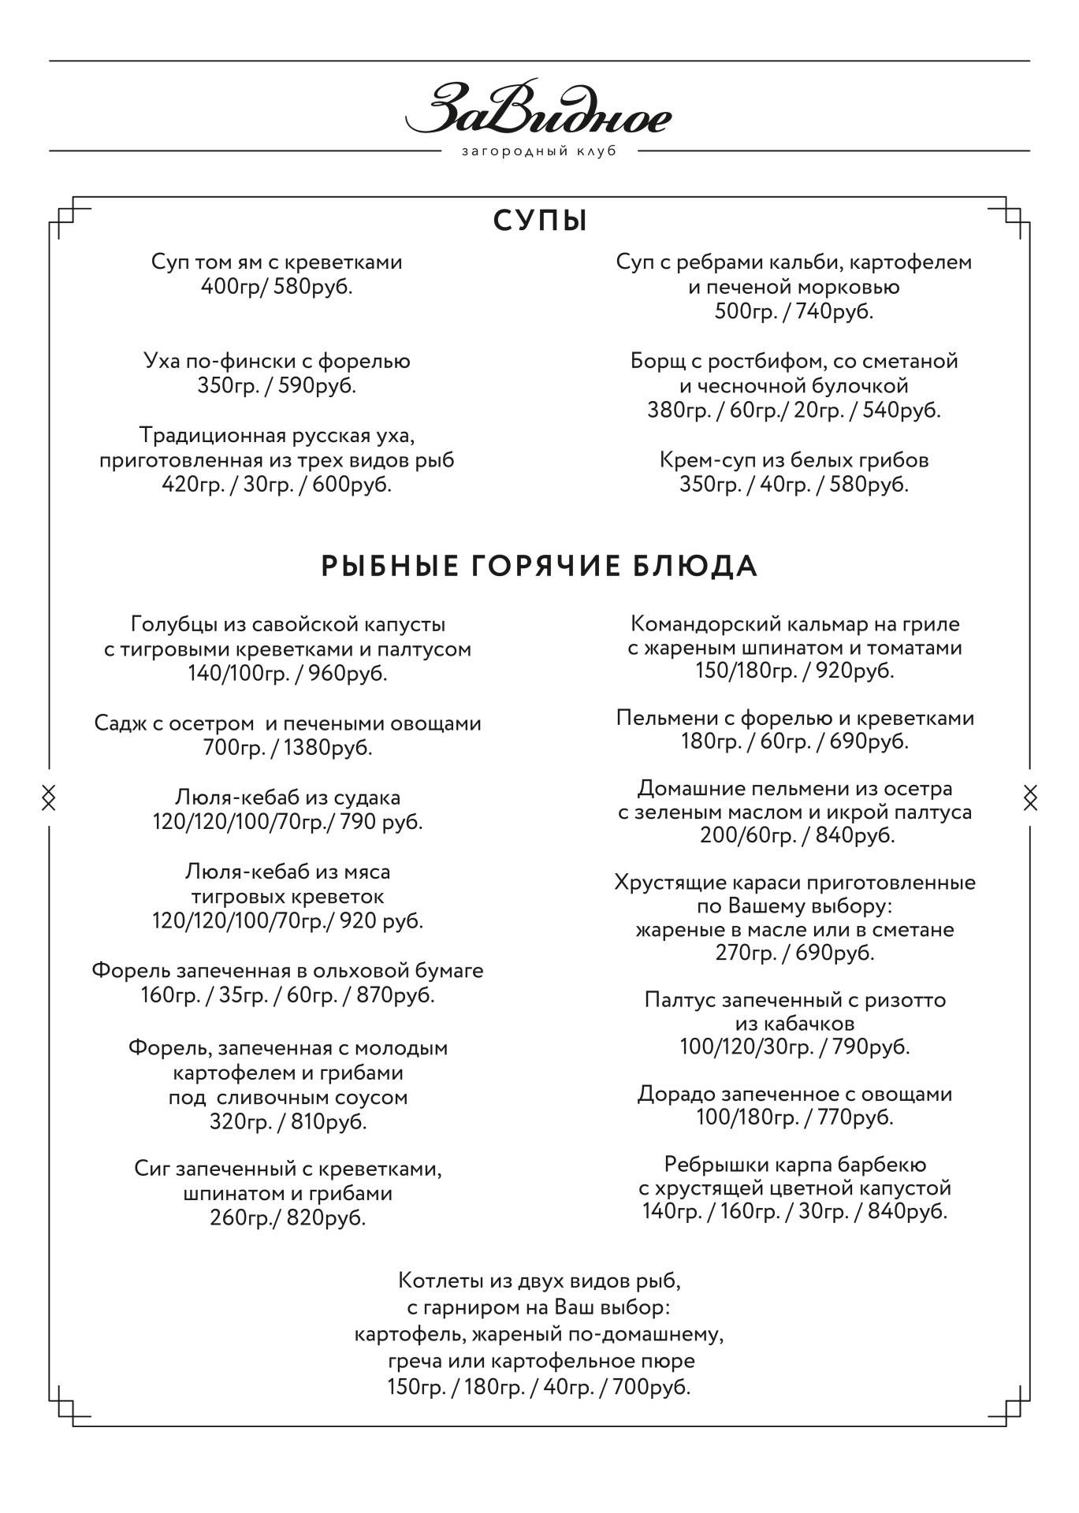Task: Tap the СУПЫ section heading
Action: coord(541,221)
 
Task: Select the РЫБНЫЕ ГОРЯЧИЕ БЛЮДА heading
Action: coord(540,566)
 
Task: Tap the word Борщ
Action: coord(655,362)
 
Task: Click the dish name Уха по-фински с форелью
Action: coord(277,362)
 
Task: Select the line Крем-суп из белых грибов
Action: coord(794,459)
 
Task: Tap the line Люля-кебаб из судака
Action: coord(288,797)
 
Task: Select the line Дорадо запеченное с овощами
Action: coord(794,1094)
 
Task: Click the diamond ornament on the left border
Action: coord(49,797)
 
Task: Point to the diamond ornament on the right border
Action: coord(1030,797)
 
